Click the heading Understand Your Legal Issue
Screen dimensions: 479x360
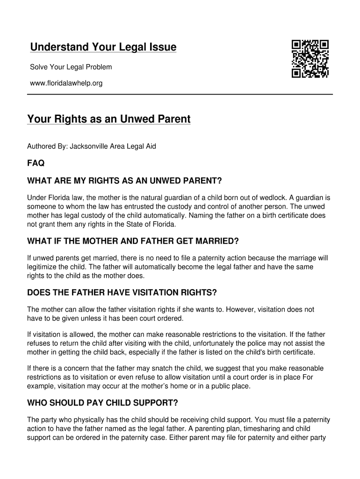[103, 47]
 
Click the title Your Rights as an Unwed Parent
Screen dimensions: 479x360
[109, 119]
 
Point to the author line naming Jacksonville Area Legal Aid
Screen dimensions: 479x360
[92, 146]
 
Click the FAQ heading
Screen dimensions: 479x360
[36, 163]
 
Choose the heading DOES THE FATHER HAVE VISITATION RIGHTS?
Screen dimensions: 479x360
[122, 292]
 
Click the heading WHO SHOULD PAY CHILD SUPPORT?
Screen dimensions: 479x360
[103, 402]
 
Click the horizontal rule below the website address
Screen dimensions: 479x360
[180, 95]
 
